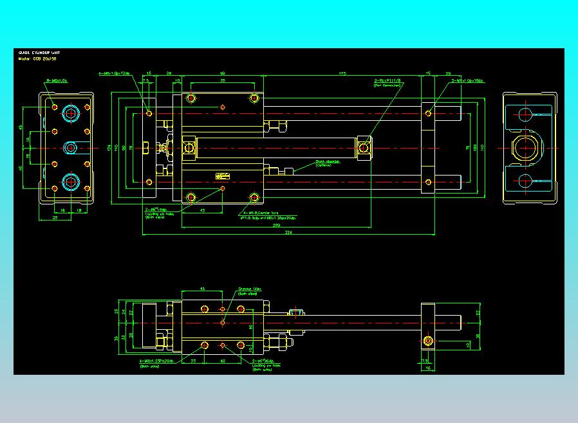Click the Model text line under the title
pos(37,59)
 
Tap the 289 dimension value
pos(276,226)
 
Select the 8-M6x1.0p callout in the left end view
pos(57,80)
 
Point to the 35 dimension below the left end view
pos(55,218)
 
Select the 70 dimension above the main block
pos(222,81)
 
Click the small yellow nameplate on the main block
pos(223,175)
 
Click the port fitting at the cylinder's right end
pos(364,148)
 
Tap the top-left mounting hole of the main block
pos(191,99)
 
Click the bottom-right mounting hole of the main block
pos(255,197)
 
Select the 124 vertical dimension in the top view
pos(108,148)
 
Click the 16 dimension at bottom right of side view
pos(427,368)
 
